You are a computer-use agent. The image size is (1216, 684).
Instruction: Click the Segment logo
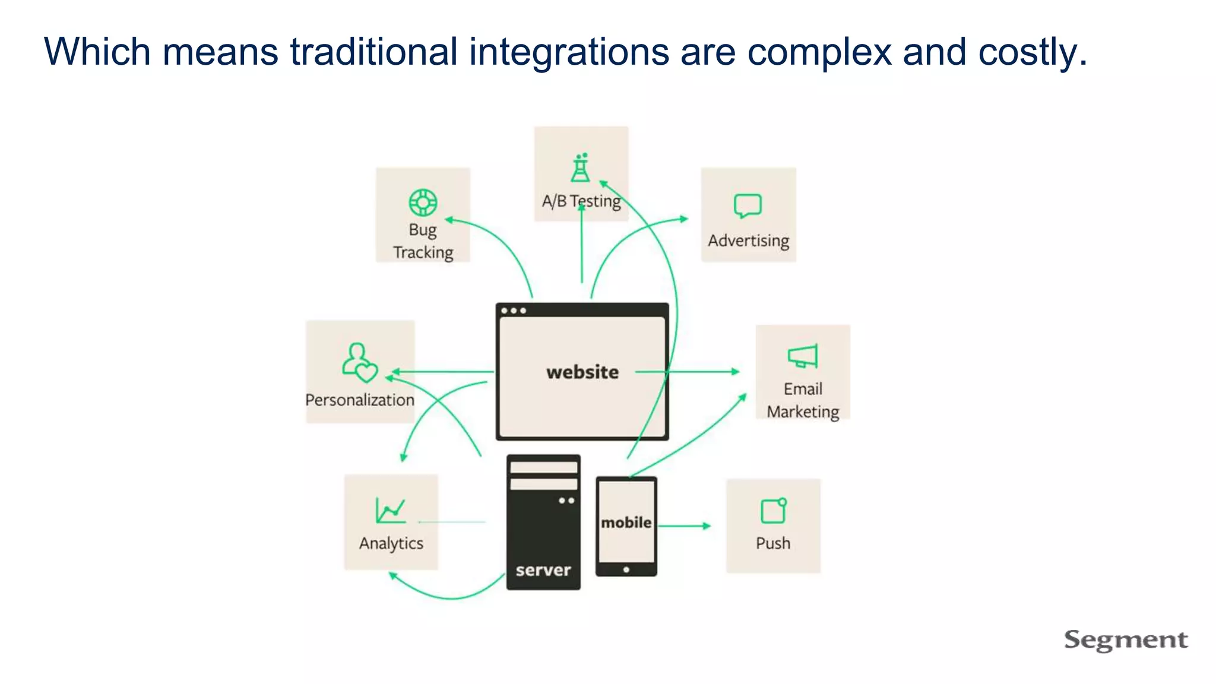tap(1125, 639)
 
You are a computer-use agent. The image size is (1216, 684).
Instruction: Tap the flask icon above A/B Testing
tap(580, 167)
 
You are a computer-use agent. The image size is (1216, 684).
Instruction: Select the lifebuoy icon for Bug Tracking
tap(423, 202)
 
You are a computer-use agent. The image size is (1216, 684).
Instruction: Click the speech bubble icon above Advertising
tap(748, 205)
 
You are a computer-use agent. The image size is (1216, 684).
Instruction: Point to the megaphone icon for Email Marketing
tap(802, 356)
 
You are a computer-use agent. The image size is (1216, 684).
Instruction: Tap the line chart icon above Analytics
tap(390, 510)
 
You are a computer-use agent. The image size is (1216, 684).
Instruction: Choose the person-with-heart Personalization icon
tap(359, 362)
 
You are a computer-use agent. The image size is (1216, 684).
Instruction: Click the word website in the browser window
tap(582, 372)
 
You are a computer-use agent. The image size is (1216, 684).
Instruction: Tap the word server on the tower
tap(543, 571)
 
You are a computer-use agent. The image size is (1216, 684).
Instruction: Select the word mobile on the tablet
tap(626, 522)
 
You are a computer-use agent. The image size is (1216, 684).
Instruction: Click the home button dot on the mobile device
tap(626, 570)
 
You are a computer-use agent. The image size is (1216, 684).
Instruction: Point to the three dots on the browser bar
tap(513, 311)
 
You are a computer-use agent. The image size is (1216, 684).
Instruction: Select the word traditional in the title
tap(373, 52)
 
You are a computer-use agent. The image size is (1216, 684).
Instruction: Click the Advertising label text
tap(748, 240)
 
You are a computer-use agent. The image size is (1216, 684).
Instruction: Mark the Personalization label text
tap(360, 400)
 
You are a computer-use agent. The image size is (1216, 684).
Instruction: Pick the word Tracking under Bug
tap(423, 252)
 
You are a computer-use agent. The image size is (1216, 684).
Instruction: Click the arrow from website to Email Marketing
tap(701, 372)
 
